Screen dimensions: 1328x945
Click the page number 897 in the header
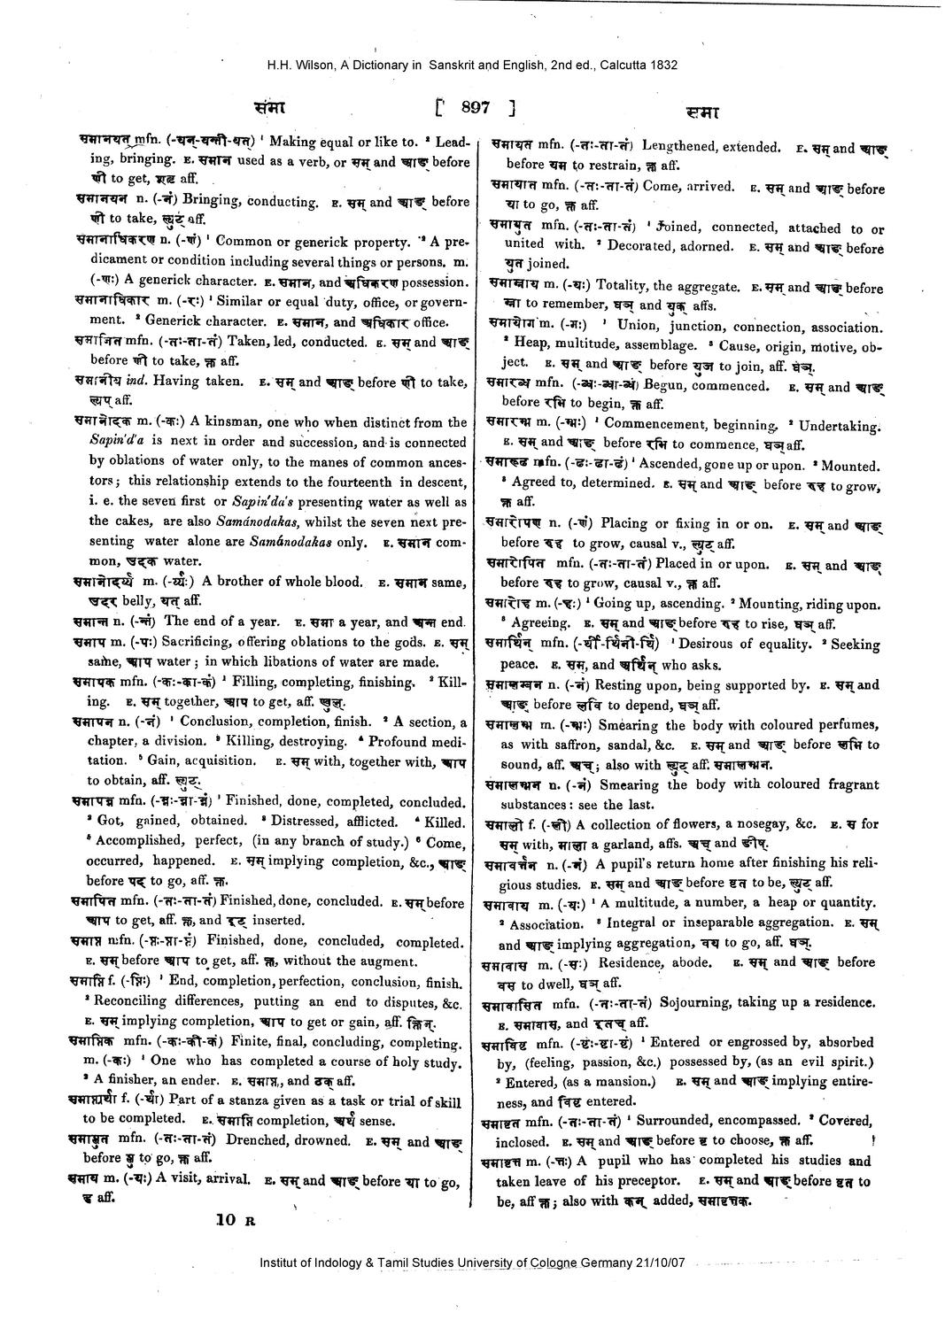[x=475, y=109]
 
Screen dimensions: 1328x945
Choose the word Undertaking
[x=838, y=426]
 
